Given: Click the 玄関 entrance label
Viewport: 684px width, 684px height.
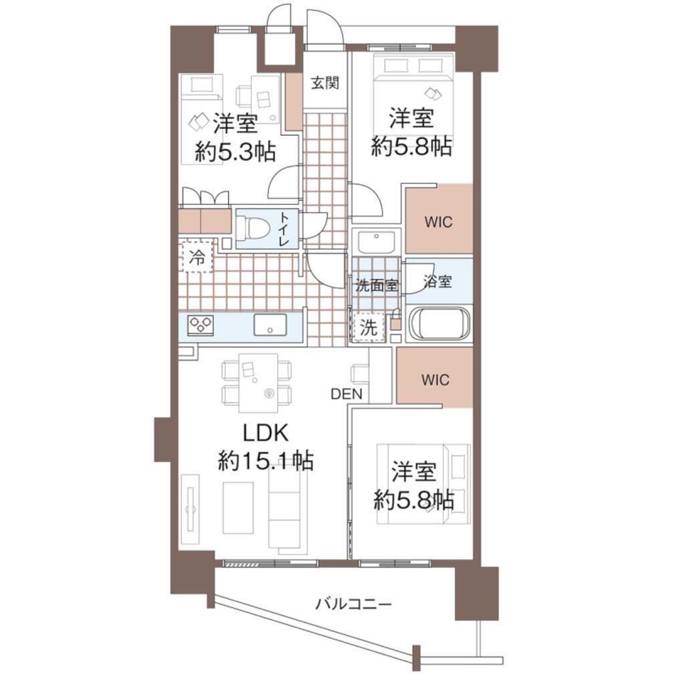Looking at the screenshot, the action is [325, 82].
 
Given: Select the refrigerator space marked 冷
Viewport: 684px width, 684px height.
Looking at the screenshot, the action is [196, 257].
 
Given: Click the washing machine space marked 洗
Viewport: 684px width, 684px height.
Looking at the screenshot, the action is [368, 327].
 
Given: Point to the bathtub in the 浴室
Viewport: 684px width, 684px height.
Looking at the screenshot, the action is [439, 324].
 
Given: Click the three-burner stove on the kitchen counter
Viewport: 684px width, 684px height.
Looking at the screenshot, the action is [200, 325].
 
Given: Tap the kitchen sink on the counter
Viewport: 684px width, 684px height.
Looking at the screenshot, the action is [271, 325].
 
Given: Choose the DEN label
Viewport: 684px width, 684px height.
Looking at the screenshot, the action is [347, 394].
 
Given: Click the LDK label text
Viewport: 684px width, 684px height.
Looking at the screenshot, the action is [265, 433].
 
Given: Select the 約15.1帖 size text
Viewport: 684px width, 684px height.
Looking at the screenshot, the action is [265, 460].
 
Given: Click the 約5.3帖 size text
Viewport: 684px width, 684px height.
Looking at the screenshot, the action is [235, 152].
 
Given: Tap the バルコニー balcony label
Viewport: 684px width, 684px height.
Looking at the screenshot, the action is [353, 604].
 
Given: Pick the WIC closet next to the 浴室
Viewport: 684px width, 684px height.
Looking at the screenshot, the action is [440, 218].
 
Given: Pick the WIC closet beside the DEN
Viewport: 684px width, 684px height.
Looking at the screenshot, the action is [435, 378].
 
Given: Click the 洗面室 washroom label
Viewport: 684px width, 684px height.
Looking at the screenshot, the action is [377, 286].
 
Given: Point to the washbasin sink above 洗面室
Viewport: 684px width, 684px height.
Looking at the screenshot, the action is [376, 241].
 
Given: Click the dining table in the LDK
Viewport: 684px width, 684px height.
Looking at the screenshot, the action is [259, 383].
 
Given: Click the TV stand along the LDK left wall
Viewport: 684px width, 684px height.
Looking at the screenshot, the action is [190, 508].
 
